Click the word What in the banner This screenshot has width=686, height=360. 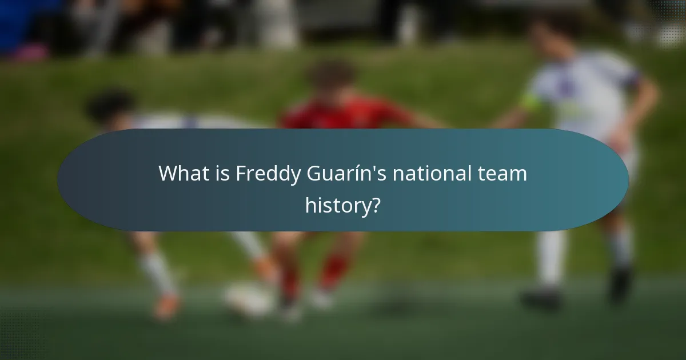[x=182, y=173]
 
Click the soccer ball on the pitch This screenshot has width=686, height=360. [x=249, y=300]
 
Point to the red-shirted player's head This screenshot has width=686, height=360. [x=332, y=77]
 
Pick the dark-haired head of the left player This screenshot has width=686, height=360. [x=111, y=106]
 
